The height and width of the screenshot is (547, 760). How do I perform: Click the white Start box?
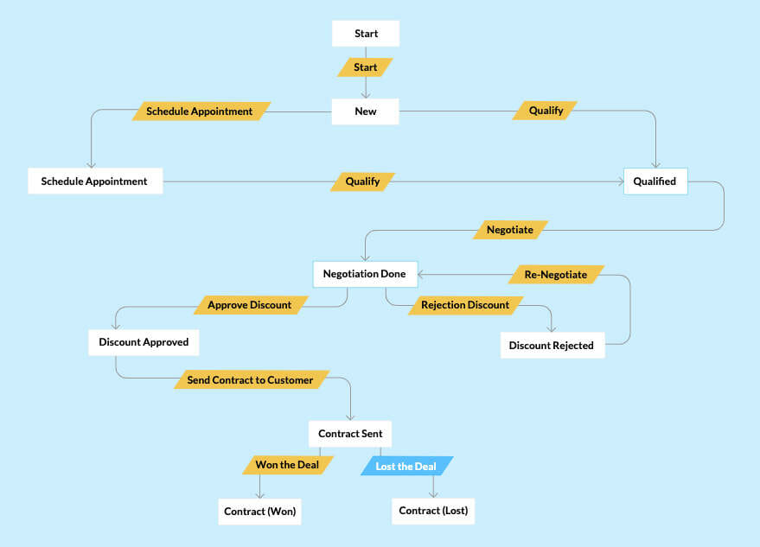pyautogui.click(x=366, y=34)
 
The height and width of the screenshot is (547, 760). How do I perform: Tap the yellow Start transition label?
pyautogui.click(x=366, y=67)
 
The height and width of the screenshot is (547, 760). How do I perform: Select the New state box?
pyautogui.click(x=366, y=111)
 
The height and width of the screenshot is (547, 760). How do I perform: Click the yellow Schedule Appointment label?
pyautogui.click(x=200, y=111)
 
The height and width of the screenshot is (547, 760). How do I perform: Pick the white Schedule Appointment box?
pyautogui.click(x=94, y=181)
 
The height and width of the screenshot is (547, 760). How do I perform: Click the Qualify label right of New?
pyautogui.click(x=546, y=111)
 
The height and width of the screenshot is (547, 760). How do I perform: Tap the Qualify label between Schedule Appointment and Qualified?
pyautogui.click(x=362, y=181)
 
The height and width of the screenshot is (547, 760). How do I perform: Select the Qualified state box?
pyautogui.click(x=655, y=181)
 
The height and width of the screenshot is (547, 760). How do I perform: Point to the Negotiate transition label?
pyautogui.click(x=510, y=230)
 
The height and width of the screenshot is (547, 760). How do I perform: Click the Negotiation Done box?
pyautogui.click(x=364, y=274)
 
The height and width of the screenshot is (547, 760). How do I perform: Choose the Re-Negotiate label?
pyautogui.click(x=556, y=275)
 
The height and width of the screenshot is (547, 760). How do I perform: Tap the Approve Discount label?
pyautogui.click(x=250, y=305)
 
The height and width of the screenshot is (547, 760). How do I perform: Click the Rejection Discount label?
pyautogui.click(x=465, y=305)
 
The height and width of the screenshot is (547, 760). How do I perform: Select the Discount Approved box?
pyautogui.click(x=144, y=342)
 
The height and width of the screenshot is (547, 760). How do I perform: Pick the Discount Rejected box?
pyautogui.click(x=552, y=346)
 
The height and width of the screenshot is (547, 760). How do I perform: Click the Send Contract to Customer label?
pyautogui.click(x=251, y=379)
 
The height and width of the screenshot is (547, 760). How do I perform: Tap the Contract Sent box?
pyautogui.click(x=350, y=434)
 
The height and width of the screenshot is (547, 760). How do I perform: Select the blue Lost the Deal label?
pyautogui.click(x=406, y=467)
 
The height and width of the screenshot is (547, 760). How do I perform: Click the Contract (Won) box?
pyautogui.click(x=260, y=512)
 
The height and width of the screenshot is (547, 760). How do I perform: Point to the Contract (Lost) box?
pyautogui.click(x=433, y=511)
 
